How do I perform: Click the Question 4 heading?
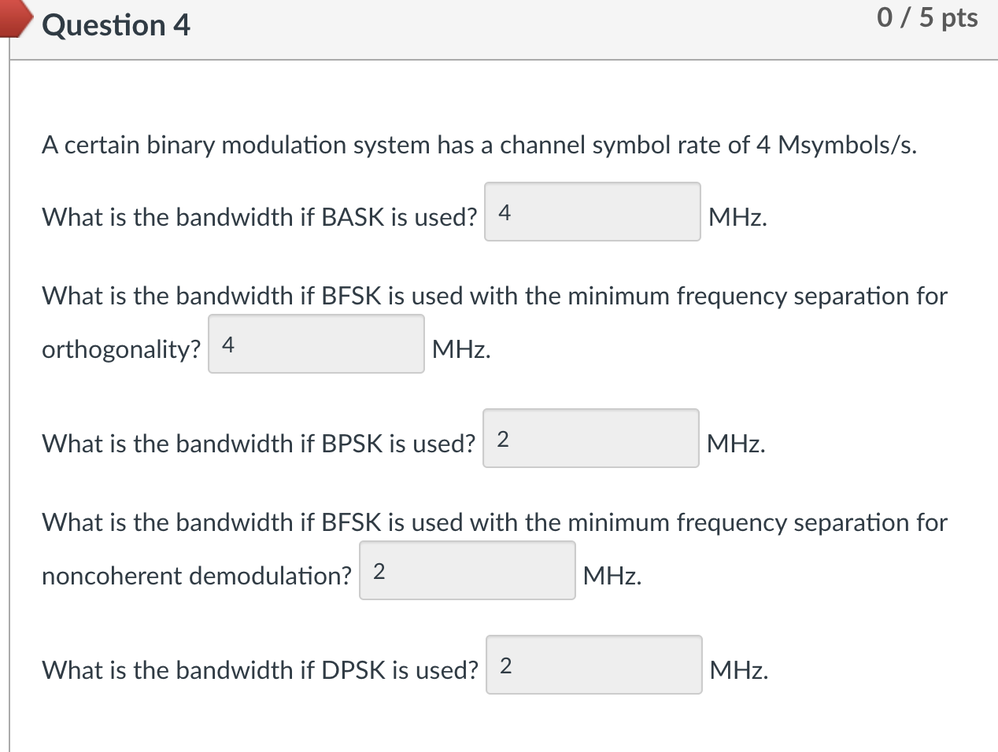[x=116, y=25]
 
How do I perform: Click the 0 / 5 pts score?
[x=927, y=17]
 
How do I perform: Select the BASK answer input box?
[x=592, y=212]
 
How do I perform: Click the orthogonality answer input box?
[x=316, y=345]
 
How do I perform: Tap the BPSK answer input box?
[x=590, y=439]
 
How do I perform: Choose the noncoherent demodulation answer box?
[x=468, y=571]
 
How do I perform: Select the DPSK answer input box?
[x=593, y=665]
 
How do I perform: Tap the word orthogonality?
[x=121, y=349]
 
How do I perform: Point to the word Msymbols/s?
[x=847, y=146]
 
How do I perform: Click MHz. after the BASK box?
[x=737, y=217]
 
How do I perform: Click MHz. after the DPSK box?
[x=738, y=670]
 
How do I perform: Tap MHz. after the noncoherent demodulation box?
[x=612, y=576]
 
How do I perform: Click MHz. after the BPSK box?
[x=736, y=444]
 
